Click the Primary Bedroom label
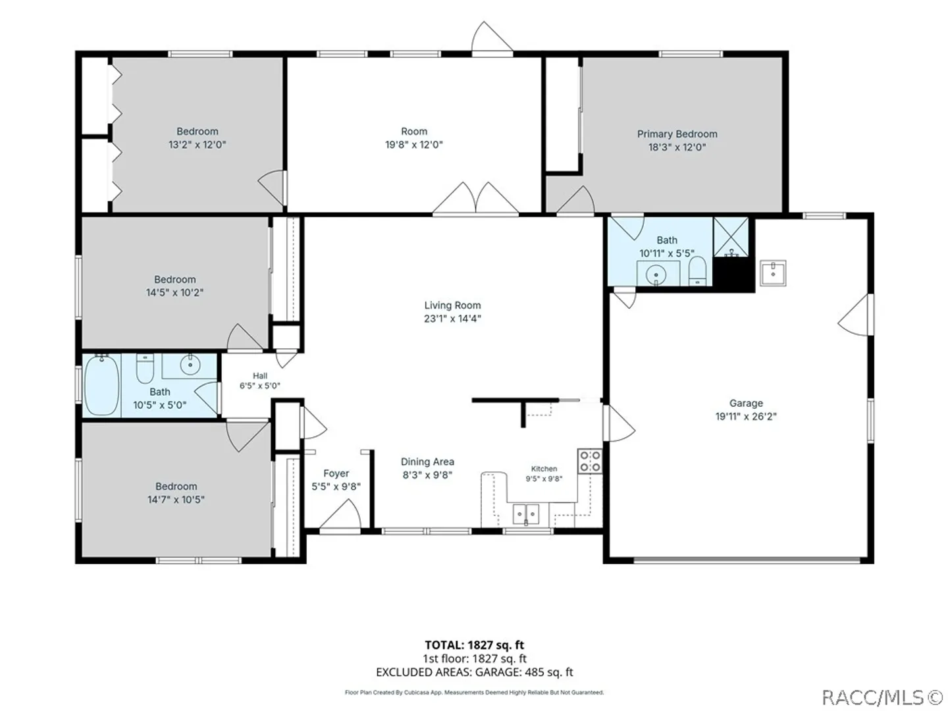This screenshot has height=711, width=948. coord(677,134)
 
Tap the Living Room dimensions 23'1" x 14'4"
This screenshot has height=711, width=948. coord(452,319)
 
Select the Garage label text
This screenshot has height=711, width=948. coord(746,403)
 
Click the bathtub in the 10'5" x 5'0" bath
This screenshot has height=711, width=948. coord(101,385)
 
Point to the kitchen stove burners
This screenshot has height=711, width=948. coord(590,461)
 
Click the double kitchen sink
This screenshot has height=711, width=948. coord(525,514)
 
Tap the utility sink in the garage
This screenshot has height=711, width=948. coord(773,273)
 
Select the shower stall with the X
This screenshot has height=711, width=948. coord(731,237)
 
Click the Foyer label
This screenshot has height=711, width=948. coord(336,473)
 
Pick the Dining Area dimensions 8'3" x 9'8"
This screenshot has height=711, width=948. coord(427,475)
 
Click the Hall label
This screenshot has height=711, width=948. coord(260,375)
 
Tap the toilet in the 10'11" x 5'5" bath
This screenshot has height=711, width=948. coord(697,271)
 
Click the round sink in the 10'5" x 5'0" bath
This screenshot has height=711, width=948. coord(190,365)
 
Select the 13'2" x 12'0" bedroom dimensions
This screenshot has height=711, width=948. coord(197,145)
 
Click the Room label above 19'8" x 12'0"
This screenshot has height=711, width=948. coord(414,131)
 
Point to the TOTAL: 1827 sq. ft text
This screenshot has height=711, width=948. coord(474,645)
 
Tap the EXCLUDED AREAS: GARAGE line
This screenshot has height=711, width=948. coord(474,672)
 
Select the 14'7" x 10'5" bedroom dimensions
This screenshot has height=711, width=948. coord(176,500)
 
